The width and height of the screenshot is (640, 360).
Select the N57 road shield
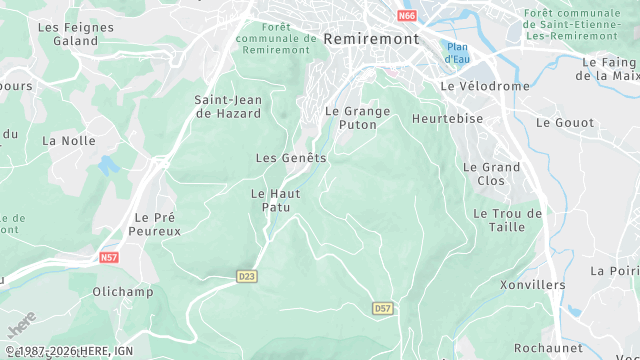[x=109, y=258]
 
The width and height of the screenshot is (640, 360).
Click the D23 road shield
[x=247, y=276]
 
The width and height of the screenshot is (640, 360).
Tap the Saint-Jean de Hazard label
[x=227, y=106]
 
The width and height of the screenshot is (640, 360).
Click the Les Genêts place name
[x=291, y=158]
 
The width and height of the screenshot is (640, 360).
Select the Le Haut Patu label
[x=269, y=200]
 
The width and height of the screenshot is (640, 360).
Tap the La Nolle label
[x=69, y=141]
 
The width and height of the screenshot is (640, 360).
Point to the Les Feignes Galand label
[x=69, y=34]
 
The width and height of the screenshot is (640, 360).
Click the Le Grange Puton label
[x=358, y=118]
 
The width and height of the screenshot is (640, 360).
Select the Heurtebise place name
[x=448, y=118]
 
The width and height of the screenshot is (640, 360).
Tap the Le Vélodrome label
[x=485, y=86]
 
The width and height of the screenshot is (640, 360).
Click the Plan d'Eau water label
[x=458, y=53]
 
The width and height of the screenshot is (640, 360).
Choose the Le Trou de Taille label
[x=507, y=220]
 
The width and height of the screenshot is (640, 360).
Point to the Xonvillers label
[x=532, y=285]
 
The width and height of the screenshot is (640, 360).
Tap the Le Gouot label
[x=565, y=122]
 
